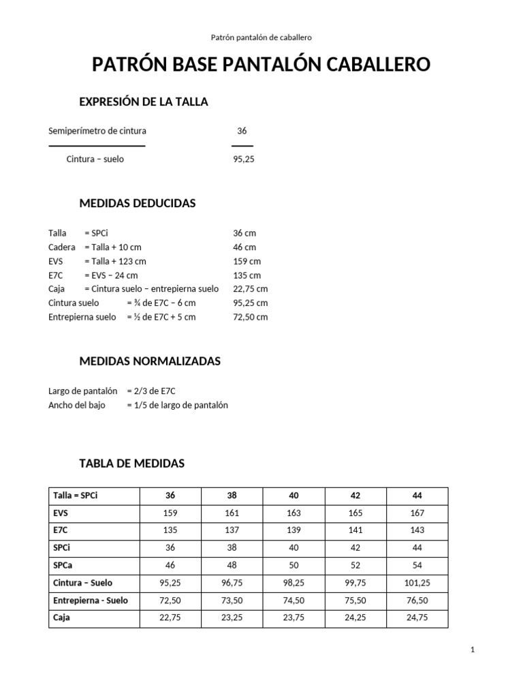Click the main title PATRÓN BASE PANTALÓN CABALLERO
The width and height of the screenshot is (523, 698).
pyautogui.click(x=261, y=65)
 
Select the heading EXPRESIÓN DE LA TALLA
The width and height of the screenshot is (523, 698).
pyautogui.click(x=144, y=102)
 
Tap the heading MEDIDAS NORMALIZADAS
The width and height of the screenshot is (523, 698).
pyautogui.click(x=150, y=361)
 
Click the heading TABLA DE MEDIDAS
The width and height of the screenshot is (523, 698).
pyautogui.click(x=132, y=464)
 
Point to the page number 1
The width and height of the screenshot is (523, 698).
pyautogui.click(x=473, y=650)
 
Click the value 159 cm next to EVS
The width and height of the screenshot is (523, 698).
pyautogui.click(x=247, y=261)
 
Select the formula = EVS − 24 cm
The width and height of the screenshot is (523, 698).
pyautogui.click(x=111, y=275)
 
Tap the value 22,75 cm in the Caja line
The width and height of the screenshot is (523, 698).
pyautogui.click(x=251, y=289)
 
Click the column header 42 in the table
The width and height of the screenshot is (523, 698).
pyautogui.click(x=356, y=496)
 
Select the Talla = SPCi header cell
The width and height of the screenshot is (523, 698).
pyautogui.click(x=76, y=496)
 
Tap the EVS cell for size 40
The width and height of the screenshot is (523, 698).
pyautogui.click(x=294, y=513)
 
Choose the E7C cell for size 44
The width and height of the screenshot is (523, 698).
pyautogui.click(x=417, y=530)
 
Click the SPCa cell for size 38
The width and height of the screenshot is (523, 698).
pyautogui.click(x=233, y=566)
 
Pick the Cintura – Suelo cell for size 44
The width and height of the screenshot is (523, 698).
pyautogui.click(x=417, y=583)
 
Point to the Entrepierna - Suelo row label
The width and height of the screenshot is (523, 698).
pyautogui.click(x=91, y=601)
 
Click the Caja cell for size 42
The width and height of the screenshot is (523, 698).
pyautogui.click(x=356, y=618)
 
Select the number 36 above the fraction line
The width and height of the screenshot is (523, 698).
pyautogui.click(x=242, y=131)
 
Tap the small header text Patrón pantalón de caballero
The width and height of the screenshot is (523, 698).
pyautogui.click(x=261, y=37)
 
